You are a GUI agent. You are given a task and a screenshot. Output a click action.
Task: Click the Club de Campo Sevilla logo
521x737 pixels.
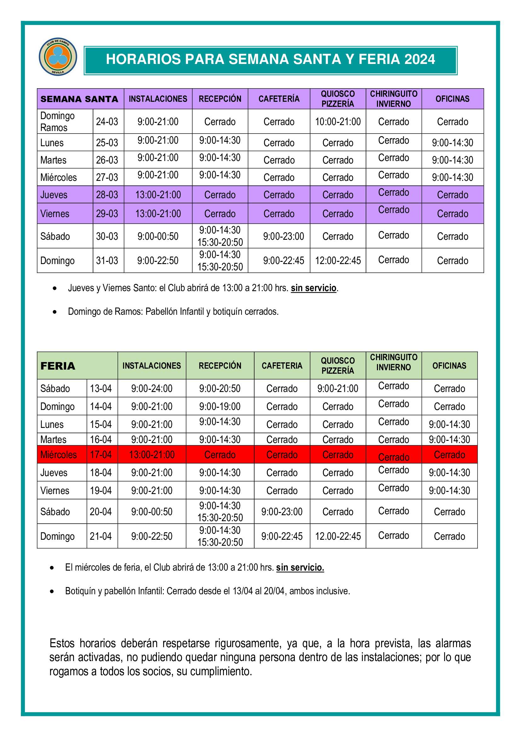click(58, 57)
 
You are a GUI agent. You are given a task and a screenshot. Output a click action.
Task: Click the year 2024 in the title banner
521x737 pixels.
click(419, 59)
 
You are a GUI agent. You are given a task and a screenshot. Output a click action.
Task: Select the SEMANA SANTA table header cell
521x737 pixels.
click(79, 99)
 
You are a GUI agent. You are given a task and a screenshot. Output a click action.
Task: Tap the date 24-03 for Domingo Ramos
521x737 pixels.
click(107, 122)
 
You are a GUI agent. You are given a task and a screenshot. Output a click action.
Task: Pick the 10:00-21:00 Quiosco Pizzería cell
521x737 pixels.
click(337, 122)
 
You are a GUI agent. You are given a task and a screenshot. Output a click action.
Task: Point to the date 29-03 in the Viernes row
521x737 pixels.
click(107, 214)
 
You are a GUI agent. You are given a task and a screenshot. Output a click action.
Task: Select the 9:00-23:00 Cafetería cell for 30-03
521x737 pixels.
click(283, 237)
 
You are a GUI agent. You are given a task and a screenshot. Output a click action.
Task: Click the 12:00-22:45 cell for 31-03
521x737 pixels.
click(337, 261)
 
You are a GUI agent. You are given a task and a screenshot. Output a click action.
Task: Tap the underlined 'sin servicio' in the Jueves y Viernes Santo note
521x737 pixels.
click(313, 288)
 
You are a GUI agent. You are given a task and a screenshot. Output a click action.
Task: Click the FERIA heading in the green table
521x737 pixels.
click(58, 366)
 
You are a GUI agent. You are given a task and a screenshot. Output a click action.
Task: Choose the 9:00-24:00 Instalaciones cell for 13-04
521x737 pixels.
click(152, 389)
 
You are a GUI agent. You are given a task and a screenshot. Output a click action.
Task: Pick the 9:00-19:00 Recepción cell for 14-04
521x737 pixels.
click(220, 407)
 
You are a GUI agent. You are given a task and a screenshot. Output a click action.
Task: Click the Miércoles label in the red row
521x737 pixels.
click(58, 455)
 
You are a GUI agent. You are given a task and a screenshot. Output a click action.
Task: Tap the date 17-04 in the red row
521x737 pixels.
click(101, 455)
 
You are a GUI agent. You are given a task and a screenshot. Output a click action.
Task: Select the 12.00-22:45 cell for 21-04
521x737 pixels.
click(337, 536)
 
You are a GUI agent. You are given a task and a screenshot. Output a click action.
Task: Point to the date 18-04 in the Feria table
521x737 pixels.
click(101, 473)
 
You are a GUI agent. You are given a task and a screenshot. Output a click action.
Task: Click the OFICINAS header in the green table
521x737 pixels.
click(449, 366)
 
